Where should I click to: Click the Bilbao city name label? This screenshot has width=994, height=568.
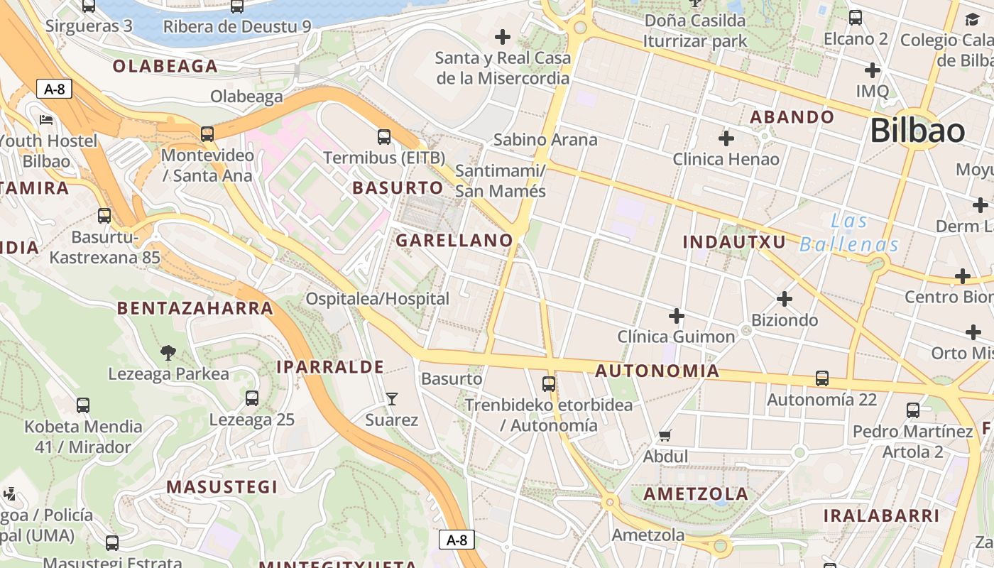[x=917, y=131]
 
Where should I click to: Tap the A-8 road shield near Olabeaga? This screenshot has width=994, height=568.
[x=54, y=89]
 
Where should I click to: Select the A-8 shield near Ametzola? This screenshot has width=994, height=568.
[x=457, y=540]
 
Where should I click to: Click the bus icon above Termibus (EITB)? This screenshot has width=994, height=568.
[x=384, y=136]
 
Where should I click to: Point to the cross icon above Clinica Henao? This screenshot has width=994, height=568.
[x=726, y=138]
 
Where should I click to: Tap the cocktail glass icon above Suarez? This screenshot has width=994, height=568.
[x=391, y=398]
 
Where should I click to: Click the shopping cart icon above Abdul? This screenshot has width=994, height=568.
[x=665, y=435]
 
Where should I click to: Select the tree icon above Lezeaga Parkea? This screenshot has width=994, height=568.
[x=168, y=352]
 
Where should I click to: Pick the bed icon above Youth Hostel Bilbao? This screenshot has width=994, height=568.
[x=47, y=119]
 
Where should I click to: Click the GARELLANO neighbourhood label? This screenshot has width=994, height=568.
[x=454, y=241]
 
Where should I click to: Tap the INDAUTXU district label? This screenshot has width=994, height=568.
[x=734, y=242]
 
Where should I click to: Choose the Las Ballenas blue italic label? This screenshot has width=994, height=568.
[x=849, y=234]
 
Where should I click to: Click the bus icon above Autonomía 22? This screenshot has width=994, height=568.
[x=822, y=378]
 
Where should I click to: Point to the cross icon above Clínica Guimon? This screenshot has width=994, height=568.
[x=677, y=315]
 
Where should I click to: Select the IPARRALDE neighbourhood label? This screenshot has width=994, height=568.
[x=330, y=367]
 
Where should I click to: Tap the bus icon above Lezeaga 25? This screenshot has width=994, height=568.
[x=252, y=398]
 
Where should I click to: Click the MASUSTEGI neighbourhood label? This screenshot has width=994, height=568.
[x=222, y=487]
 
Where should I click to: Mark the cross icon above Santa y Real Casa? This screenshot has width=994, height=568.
[x=503, y=36]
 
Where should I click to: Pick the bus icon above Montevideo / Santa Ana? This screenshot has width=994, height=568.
[x=207, y=133]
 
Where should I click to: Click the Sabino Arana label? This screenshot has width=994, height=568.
[x=545, y=139]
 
